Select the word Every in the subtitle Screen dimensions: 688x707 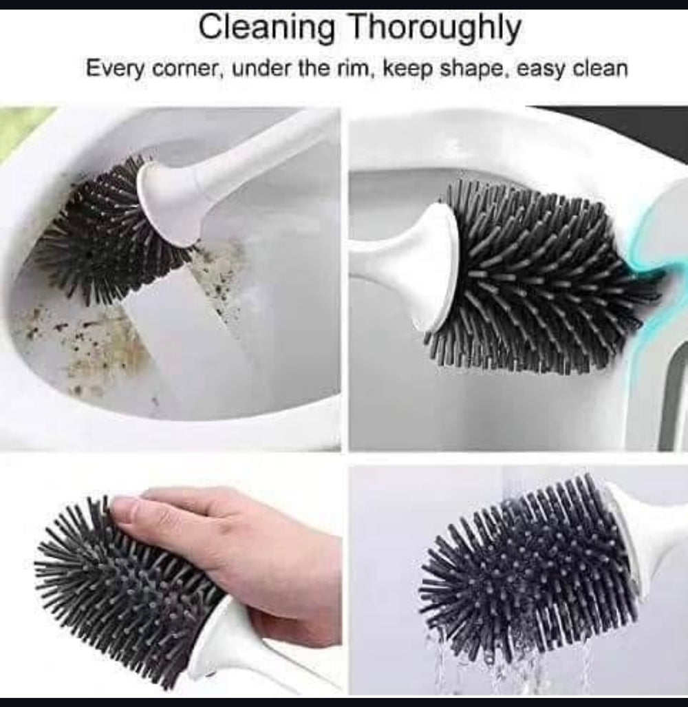(115, 70)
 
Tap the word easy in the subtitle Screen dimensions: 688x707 (539, 71)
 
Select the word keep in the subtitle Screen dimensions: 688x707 (407, 70)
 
